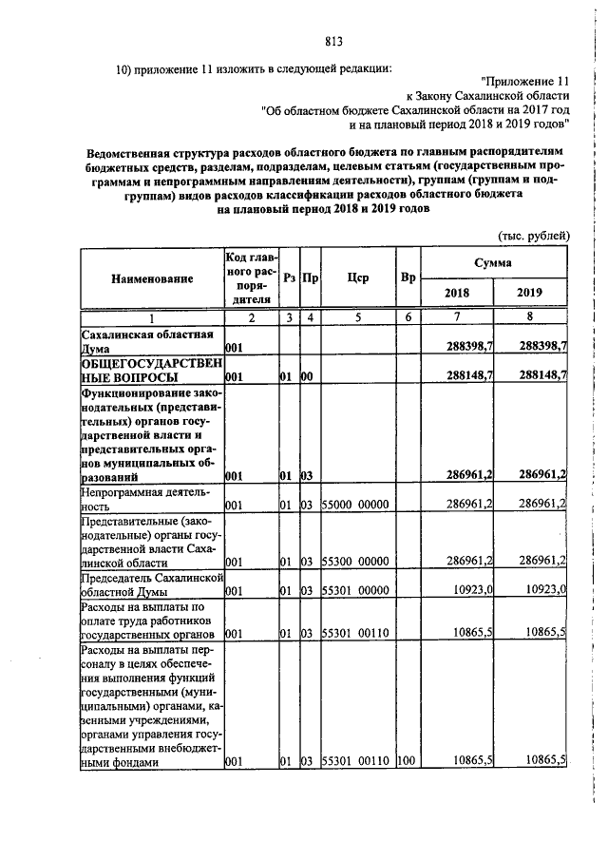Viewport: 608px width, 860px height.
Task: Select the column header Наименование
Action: tap(152, 278)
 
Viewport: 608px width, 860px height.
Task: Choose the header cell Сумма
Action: tap(494, 261)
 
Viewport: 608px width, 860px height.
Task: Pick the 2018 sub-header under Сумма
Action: tap(457, 293)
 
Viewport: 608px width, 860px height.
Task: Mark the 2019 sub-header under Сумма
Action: tap(530, 293)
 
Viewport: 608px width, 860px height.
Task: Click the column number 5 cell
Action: tap(358, 317)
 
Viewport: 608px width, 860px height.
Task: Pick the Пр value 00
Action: tap(308, 376)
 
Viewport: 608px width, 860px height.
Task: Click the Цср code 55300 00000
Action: tap(357, 561)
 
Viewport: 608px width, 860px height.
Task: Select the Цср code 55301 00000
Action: tap(357, 590)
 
